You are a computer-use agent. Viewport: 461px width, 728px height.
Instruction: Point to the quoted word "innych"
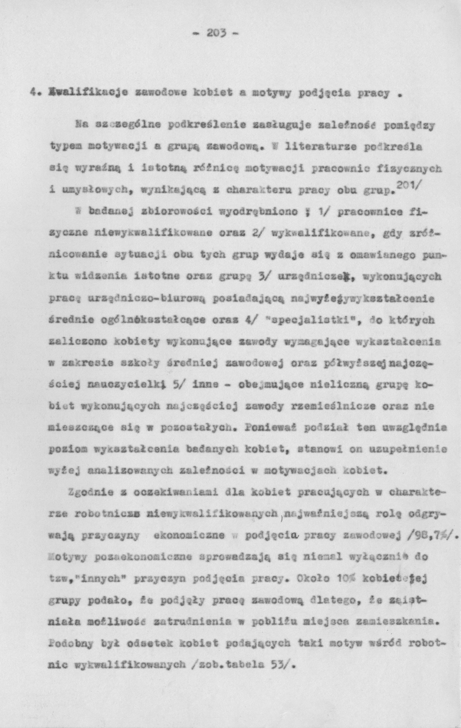click(x=97, y=580)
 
